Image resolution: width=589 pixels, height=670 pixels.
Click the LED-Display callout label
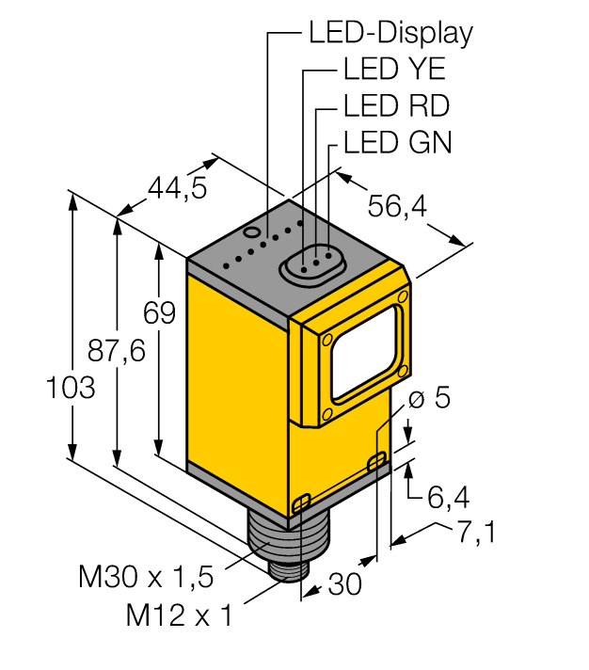tap(390, 34)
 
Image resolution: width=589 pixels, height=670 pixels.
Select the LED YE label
tap(394, 71)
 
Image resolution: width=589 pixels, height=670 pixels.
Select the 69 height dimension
tap(159, 312)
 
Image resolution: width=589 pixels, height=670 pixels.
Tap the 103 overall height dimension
tap(70, 387)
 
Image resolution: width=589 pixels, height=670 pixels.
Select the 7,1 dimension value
tap(476, 533)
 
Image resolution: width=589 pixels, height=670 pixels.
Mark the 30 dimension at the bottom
tap(345, 584)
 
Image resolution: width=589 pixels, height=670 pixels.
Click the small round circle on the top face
tap(251, 231)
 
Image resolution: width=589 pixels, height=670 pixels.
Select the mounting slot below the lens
tap(376, 460)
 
